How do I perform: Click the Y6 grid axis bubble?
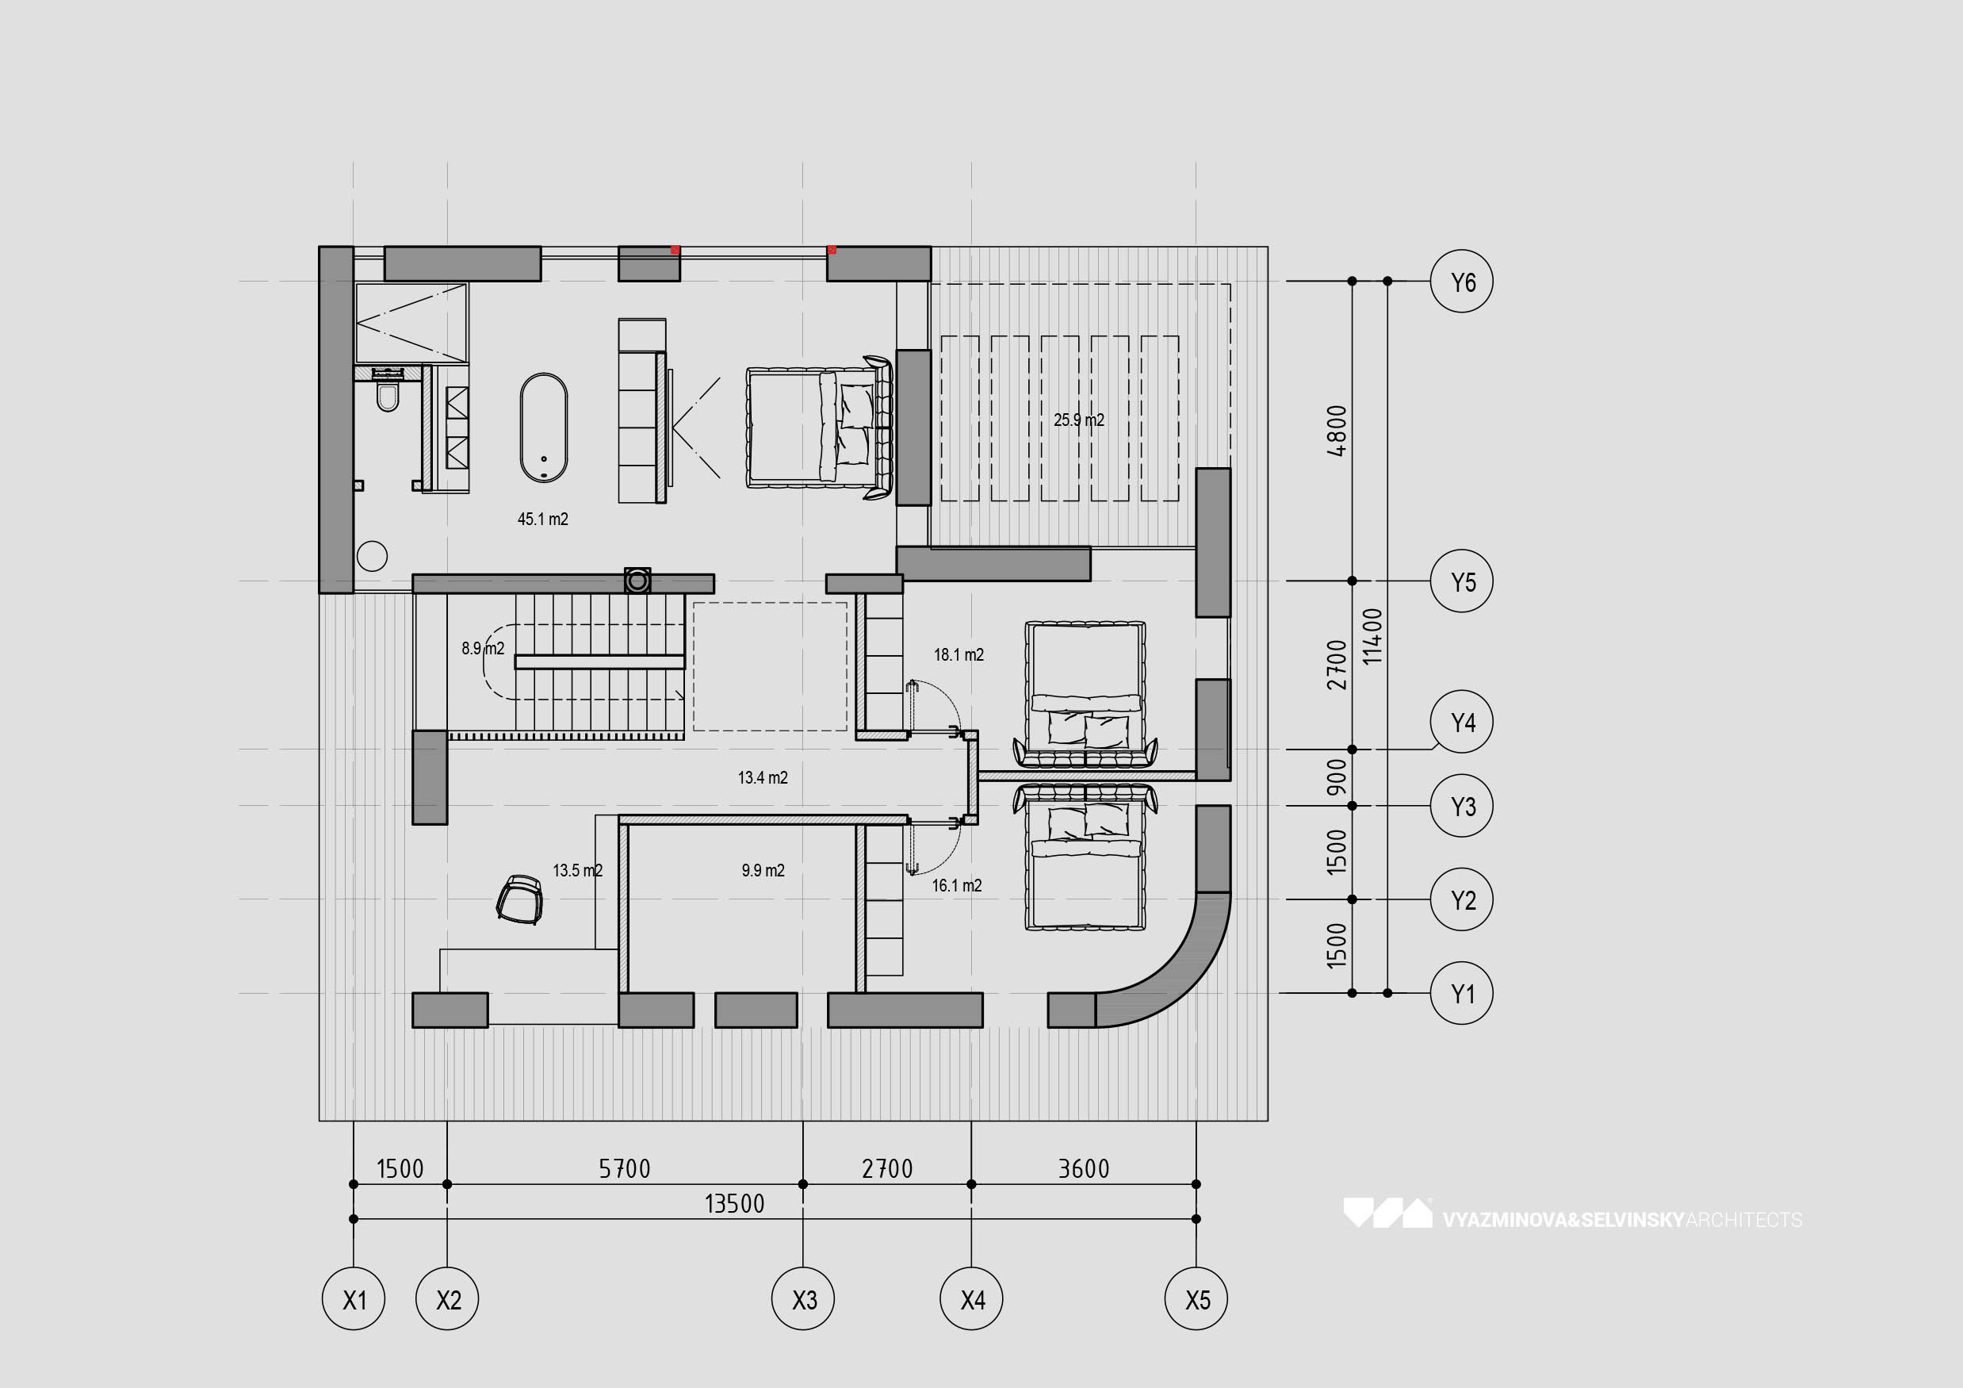(x=1461, y=282)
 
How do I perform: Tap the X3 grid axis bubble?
(x=804, y=1299)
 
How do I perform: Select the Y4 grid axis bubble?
(x=1461, y=722)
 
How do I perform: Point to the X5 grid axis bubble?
(x=1197, y=1299)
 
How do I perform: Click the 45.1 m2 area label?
(x=543, y=519)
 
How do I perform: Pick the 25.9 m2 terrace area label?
(x=1079, y=420)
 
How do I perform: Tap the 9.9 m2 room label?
(x=763, y=871)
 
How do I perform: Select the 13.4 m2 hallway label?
(x=763, y=777)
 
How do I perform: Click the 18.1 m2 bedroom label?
(x=959, y=655)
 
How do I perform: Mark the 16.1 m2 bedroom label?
(x=957, y=886)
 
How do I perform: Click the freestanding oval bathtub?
(x=544, y=428)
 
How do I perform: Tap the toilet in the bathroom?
(x=388, y=396)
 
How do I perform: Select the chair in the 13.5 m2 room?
(x=520, y=899)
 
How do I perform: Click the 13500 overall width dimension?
(x=733, y=1204)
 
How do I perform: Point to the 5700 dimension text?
(x=624, y=1169)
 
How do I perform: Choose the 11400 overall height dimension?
(x=1372, y=636)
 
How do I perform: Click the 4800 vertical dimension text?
(x=1337, y=430)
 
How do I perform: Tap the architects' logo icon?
(x=1387, y=1213)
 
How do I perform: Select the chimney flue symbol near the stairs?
(x=637, y=581)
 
